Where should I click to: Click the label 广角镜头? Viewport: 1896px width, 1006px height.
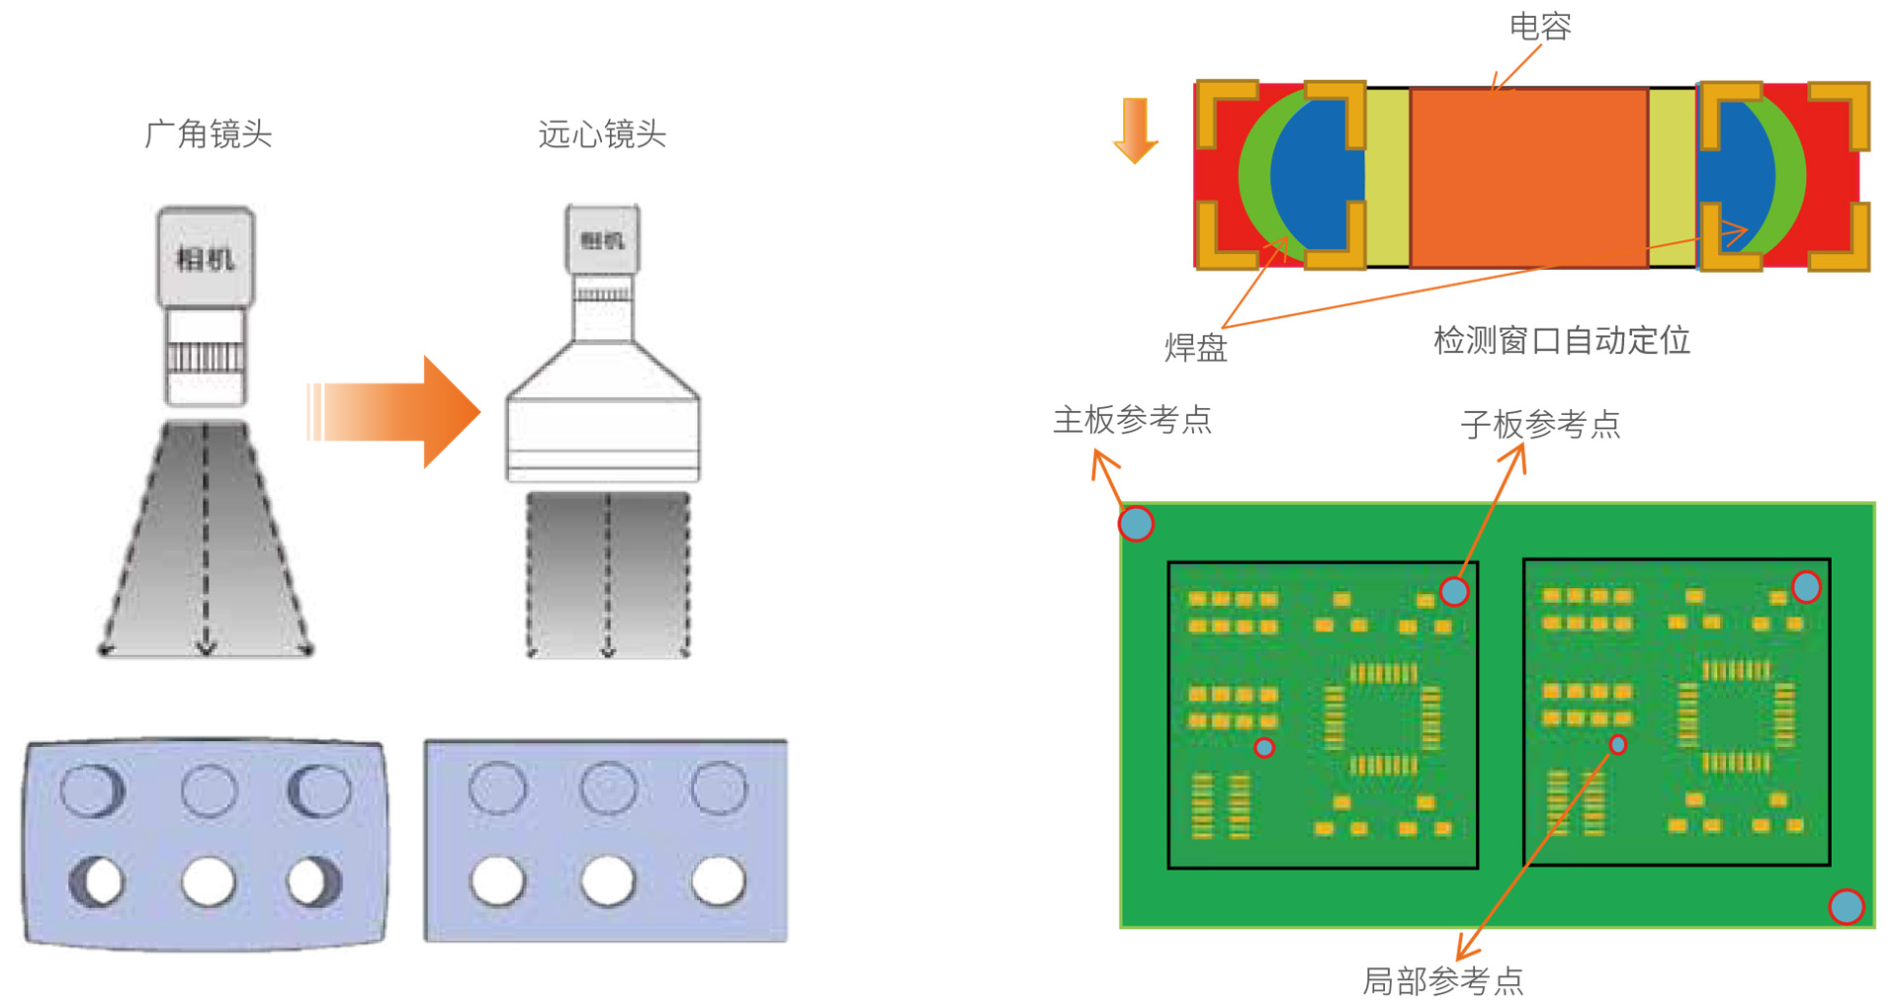[208, 133]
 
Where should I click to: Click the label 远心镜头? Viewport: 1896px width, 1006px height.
[602, 133]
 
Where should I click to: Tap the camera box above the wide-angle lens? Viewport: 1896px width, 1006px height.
[206, 257]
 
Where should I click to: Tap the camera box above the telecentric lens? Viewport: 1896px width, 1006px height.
[602, 239]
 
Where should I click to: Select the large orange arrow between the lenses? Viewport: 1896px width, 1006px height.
[395, 411]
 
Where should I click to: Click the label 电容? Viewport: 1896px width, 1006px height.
[1539, 27]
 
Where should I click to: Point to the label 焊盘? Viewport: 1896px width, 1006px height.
[1195, 347]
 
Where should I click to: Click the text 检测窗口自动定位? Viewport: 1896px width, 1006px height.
[1561, 340]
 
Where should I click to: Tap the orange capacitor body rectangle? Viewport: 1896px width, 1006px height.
[1528, 177]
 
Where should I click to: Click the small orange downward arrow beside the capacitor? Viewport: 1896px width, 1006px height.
[1136, 129]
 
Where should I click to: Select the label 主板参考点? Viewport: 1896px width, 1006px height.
[1132, 420]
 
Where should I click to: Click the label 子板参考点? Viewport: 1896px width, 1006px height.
[1540, 424]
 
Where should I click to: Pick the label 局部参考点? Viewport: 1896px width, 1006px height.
[1442, 980]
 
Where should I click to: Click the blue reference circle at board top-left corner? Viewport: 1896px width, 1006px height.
[1136, 523]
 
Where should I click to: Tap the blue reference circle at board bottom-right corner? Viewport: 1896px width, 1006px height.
[1846, 906]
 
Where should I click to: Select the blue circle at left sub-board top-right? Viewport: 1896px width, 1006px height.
[1454, 592]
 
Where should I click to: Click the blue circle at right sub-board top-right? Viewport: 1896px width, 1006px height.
[1806, 587]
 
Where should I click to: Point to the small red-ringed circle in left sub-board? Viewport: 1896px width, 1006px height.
[1264, 747]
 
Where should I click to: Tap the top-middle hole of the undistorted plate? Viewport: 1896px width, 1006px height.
[608, 788]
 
